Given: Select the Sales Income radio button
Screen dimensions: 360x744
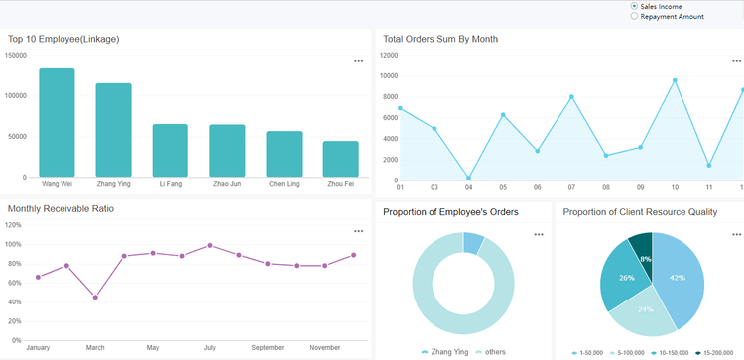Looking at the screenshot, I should [635, 6].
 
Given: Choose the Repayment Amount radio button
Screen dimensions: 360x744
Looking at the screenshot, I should [635, 17].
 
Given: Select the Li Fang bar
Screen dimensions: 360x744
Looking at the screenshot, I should [170, 150].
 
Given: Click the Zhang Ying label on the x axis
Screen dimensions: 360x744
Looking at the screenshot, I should [113, 184].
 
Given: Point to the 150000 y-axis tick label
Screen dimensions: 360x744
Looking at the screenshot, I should [16, 56].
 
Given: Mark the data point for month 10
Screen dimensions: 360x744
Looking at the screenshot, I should [675, 81].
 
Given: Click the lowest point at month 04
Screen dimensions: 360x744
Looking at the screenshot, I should [468, 179].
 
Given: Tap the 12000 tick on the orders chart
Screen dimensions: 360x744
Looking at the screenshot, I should [389, 56].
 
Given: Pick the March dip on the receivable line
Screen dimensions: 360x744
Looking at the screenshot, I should [95, 298].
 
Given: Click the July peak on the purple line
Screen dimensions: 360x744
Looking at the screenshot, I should [210, 245].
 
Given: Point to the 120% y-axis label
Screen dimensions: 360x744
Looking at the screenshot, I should [14, 225].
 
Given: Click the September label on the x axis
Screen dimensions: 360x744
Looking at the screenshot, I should [267, 349].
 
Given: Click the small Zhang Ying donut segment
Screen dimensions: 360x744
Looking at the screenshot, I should [473, 243].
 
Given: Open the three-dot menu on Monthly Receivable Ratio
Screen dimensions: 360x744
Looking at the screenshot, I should [358, 231].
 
